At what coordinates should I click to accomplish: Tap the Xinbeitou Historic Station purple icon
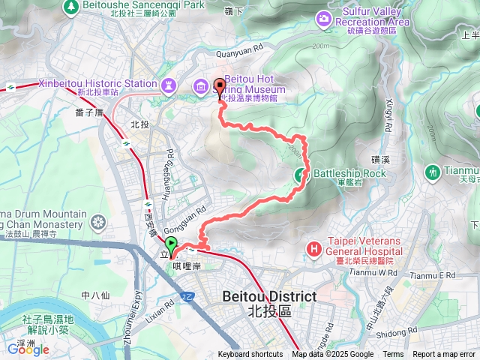click(170, 84)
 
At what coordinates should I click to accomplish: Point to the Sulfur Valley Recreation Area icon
click(324, 16)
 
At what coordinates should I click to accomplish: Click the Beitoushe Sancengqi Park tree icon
click(72, 6)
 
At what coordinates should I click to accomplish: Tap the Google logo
click(28, 349)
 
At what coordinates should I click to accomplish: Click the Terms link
click(393, 355)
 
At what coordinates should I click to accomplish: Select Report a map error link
click(444, 355)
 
